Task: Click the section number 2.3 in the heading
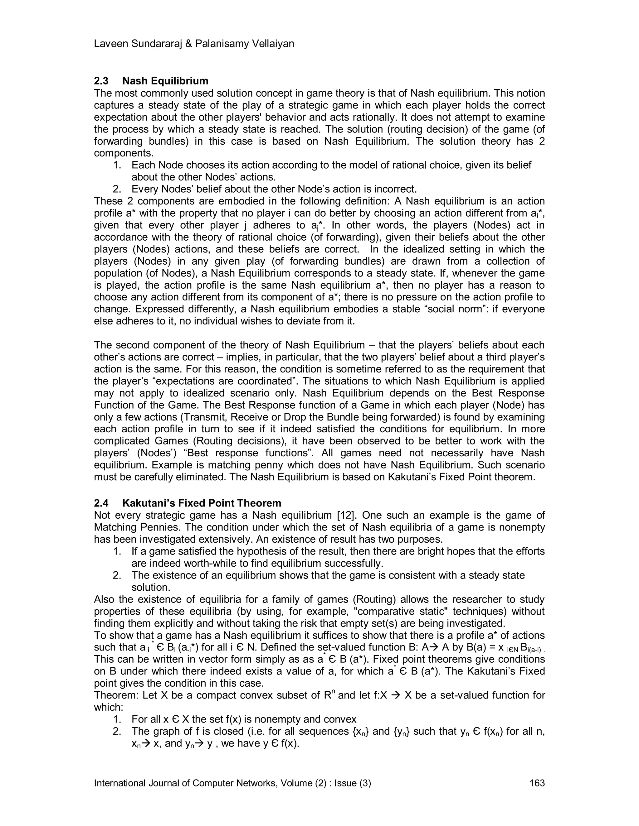101,81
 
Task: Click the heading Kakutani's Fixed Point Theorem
202,503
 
